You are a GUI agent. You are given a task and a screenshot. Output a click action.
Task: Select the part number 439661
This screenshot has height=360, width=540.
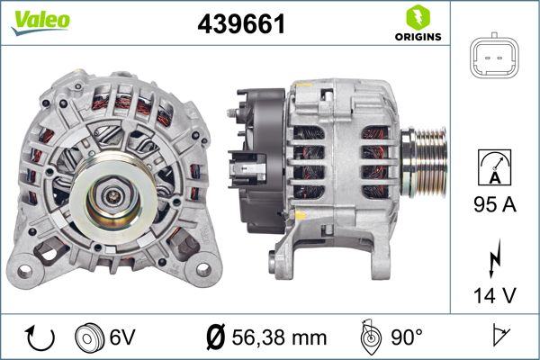click(x=241, y=24)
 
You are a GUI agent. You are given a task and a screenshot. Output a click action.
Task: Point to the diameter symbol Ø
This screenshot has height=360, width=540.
click(x=215, y=337)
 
